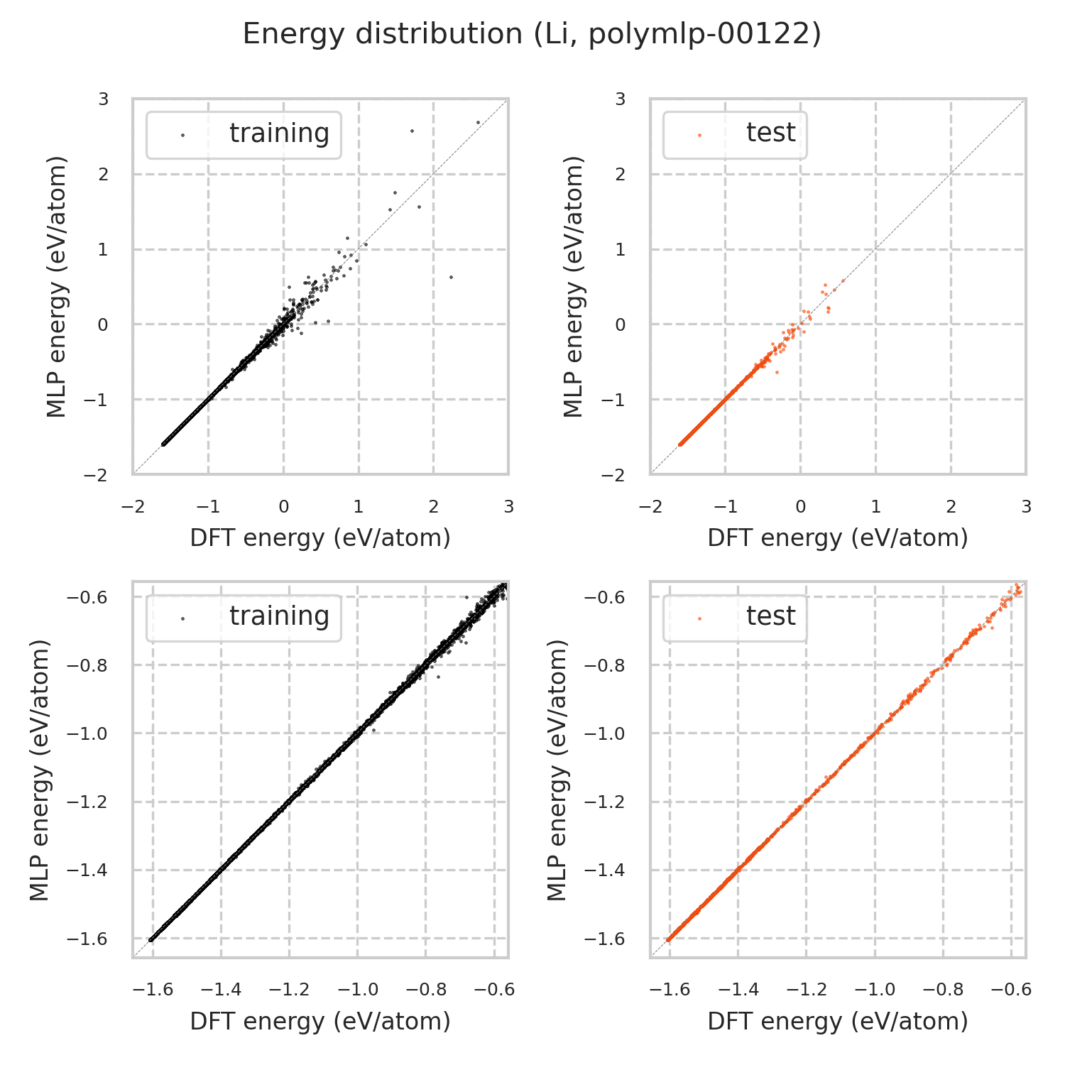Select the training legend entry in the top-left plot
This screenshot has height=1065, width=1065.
[279, 133]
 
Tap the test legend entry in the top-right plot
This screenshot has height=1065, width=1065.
[770, 133]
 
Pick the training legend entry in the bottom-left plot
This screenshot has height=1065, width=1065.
[279, 616]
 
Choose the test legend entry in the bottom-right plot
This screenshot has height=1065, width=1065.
[770, 616]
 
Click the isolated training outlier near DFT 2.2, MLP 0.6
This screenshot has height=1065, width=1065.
[451, 277]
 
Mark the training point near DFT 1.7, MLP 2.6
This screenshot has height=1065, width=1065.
[412, 131]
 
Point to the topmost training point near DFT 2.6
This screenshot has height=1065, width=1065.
[478, 122]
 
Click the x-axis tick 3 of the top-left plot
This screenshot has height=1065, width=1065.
[508, 507]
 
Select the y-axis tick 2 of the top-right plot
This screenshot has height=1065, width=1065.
[621, 175]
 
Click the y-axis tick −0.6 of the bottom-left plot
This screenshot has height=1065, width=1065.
[87, 598]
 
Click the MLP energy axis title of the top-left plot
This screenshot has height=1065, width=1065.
[57, 287]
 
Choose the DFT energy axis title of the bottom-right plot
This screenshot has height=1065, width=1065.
[838, 1022]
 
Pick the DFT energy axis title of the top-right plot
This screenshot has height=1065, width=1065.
[838, 538]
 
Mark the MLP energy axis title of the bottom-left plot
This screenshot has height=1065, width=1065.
[40, 770]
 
